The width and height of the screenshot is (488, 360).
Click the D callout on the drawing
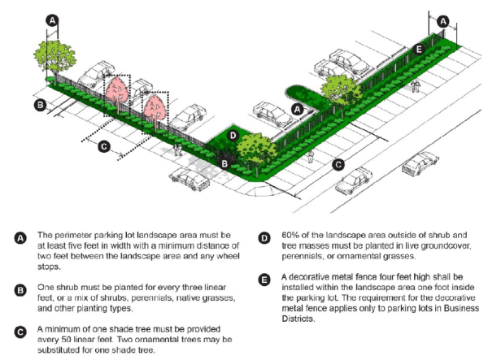tap(233, 136)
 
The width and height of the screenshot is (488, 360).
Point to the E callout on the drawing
tap(419, 50)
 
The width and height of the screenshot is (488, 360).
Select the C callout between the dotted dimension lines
tap(103, 146)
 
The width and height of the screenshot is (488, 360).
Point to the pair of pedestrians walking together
tap(177, 150)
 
